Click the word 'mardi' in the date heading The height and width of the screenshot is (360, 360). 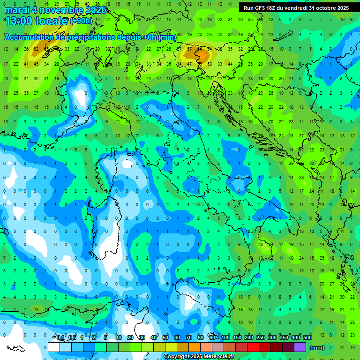(x=16, y=10)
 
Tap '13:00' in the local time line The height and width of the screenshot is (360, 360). (x=18, y=21)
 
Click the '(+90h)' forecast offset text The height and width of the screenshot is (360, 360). (x=81, y=21)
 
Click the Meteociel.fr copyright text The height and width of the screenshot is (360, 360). (x=199, y=357)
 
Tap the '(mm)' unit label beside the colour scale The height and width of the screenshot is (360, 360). (x=317, y=348)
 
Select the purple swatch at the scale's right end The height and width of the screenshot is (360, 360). (x=300, y=347)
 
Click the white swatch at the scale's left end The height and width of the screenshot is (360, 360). (x=54, y=347)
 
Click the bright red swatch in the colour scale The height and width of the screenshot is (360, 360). (x=253, y=347)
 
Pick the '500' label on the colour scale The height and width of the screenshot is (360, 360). (x=307, y=337)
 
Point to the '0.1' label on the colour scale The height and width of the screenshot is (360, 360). (x=60, y=337)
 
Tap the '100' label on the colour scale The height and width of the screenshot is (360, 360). (x=225, y=337)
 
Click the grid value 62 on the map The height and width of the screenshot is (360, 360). (x=36, y=49)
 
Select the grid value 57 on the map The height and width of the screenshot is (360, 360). (x=189, y=49)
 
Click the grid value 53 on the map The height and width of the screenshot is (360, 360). (x=209, y=64)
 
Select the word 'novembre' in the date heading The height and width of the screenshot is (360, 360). (x=61, y=10)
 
